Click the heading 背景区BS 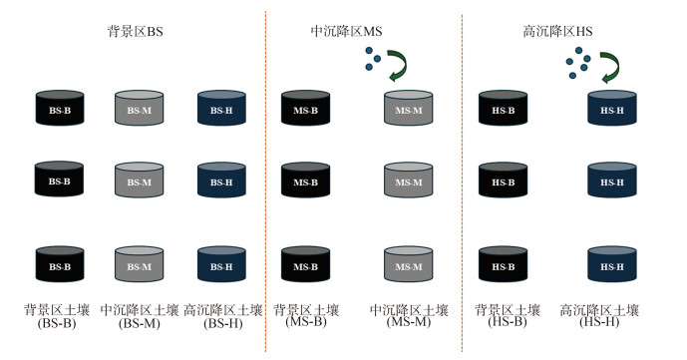coord(135,32)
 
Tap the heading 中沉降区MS coord(346,32)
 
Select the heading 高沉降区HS coord(557,32)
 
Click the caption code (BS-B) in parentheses coord(57,324)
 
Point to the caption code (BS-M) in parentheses coord(140,324)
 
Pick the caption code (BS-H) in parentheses coord(223,324)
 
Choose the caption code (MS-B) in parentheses coord(306,322)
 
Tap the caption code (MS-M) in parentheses coord(409,322)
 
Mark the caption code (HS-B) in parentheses coord(508,322)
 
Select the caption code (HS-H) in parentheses coord(599,322)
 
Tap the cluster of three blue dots coord(373,59)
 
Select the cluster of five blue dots coord(578,63)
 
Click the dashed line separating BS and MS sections coord(265,181)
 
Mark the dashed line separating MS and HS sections coord(462,181)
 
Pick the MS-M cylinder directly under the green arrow coord(409,108)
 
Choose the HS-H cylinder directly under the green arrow coord(611,108)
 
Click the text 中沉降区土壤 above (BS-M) coord(140,310)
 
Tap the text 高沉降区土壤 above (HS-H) coord(599,310)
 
